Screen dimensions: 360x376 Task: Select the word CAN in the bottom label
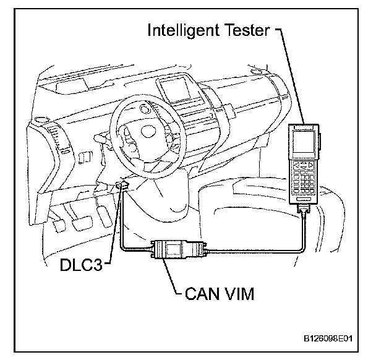[x=202, y=290]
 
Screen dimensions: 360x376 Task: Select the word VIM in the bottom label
[x=239, y=290]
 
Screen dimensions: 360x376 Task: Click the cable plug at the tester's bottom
[x=305, y=212]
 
